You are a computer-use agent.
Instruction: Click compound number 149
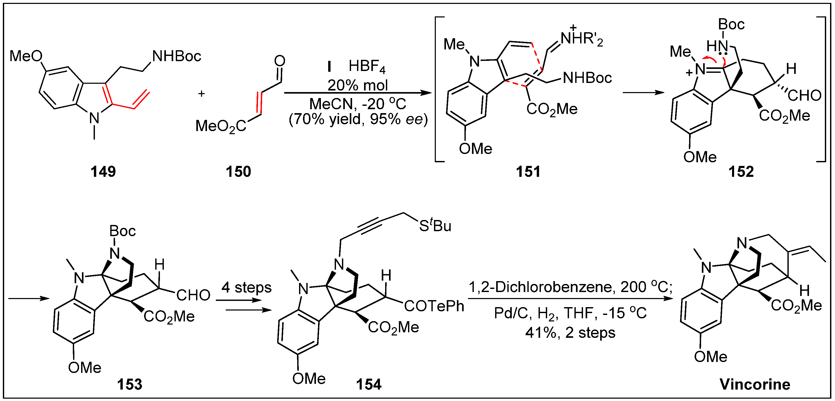point(103,171)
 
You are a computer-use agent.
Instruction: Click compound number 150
point(238,171)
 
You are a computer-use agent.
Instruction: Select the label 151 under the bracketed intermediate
point(528,171)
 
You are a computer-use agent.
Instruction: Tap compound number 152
point(741,171)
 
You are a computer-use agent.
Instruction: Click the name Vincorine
point(755,384)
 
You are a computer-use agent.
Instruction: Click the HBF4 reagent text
point(367,67)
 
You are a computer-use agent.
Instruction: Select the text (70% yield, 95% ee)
point(358,120)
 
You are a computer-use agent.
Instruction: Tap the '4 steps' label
point(246,288)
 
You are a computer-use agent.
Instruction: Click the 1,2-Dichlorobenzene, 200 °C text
point(571,287)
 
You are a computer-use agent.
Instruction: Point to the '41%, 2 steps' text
point(570,333)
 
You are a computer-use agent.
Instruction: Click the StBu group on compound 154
point(435,226)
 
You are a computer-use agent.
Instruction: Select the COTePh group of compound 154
point(434,306)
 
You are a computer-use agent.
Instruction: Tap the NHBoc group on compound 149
point(177,56)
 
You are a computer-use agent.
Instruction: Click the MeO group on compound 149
point(26,56)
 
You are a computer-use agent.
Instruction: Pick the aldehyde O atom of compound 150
point(279,61)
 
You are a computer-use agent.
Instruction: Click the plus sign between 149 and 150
point(201,94)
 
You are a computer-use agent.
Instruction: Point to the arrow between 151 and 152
point(643,93)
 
